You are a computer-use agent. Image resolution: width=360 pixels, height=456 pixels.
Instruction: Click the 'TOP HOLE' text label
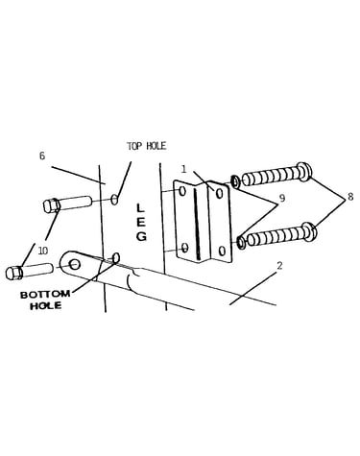pos(147,146)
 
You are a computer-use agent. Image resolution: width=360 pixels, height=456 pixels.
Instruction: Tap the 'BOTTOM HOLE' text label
pos(45,300)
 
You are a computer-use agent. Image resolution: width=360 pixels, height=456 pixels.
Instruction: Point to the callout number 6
pos(42,156)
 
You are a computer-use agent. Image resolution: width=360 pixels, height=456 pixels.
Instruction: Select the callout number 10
pos(43,251)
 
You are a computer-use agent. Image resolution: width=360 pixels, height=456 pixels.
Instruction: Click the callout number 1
pos(183,169)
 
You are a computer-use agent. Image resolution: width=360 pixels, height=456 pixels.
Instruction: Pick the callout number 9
pos(282,198)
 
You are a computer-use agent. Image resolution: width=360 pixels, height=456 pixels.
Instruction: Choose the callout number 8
pos(350,197)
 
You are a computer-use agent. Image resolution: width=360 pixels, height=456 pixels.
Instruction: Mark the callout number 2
pos(279,266)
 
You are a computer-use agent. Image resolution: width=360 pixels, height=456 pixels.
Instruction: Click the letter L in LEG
pos(140,208)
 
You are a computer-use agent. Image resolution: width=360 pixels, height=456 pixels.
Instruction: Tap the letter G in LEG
pos(141,236)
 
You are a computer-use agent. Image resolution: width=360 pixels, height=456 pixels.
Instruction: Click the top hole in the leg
pos(115,199)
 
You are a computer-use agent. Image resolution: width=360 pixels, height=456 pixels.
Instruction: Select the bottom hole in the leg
pos(116,257)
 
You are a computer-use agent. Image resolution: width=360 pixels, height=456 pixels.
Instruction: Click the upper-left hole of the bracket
pos(182,191)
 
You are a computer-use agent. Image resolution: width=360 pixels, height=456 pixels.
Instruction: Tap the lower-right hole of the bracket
pos(223,251)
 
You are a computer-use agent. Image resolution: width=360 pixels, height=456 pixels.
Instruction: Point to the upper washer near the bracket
pos(235,181)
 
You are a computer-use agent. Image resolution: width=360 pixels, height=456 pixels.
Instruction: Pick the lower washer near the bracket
pos(241,242)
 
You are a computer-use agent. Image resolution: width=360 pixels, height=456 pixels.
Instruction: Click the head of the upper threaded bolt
pos(303,172)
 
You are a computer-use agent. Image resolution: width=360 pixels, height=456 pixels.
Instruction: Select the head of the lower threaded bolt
pos(309,232)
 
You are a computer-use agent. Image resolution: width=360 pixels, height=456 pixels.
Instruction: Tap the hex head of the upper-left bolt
pos(52,205)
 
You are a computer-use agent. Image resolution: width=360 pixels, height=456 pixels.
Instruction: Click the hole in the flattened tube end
pos(75,264)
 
